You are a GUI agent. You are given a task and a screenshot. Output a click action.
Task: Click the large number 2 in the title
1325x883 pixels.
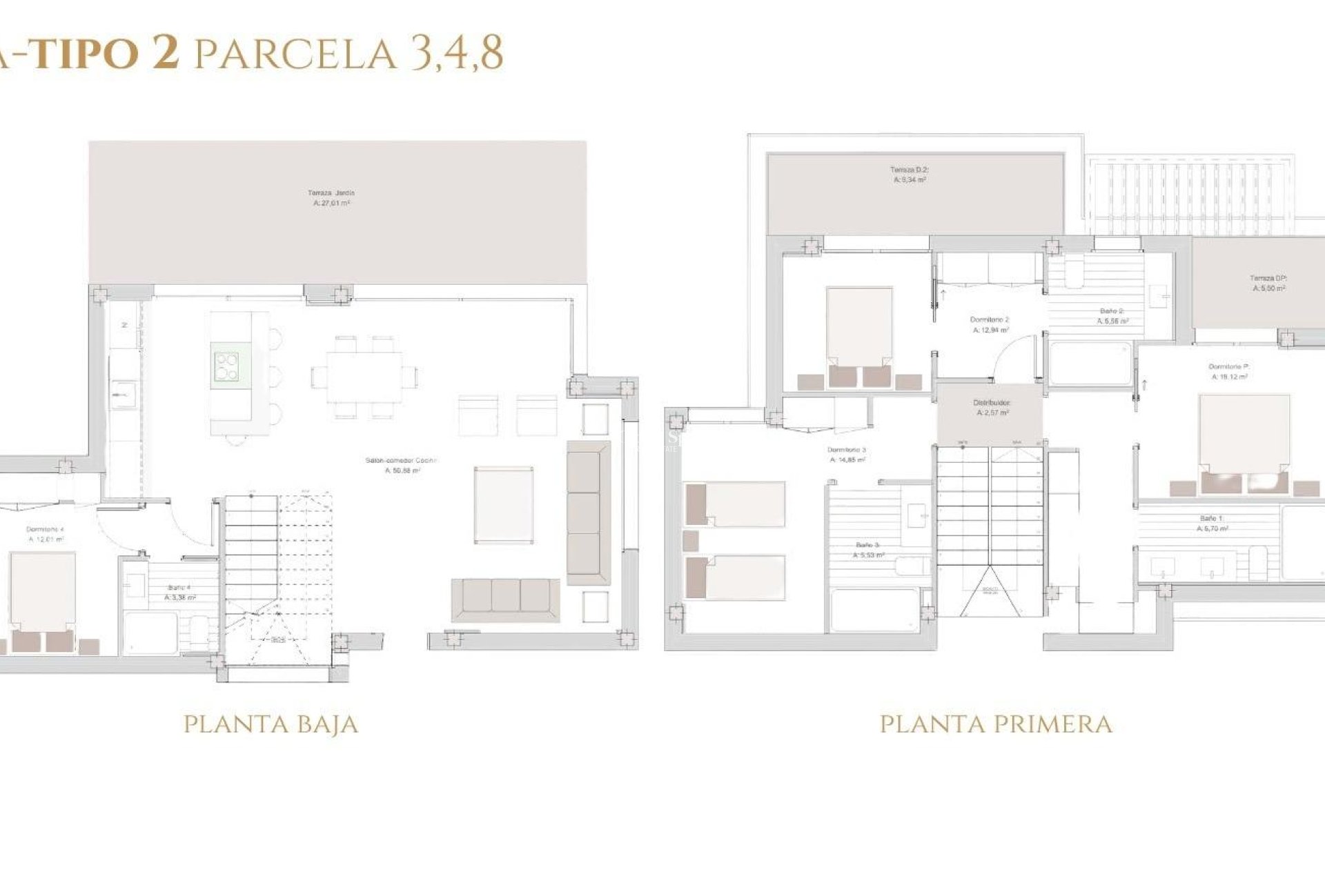pos(165,53)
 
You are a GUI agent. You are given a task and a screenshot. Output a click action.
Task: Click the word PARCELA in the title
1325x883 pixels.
pos(296,53)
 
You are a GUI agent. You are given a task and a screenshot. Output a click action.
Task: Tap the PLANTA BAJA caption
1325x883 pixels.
pos(271,724)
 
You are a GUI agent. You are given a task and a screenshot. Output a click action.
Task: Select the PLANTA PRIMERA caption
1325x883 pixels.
pos(996,724)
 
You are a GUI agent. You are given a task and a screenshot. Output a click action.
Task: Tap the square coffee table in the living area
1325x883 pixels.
pos(504,505)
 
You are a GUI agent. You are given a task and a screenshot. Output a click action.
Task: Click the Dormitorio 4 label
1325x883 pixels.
pos(46,534)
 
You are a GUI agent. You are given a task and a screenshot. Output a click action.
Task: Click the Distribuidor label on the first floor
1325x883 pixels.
pos(992,407)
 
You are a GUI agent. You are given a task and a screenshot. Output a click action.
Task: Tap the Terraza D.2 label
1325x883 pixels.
pos(909,175)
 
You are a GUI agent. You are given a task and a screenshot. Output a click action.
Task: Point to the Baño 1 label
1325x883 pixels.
pos(1212,523)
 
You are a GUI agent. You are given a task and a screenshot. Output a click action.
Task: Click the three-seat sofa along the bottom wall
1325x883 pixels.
pos(505,597)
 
